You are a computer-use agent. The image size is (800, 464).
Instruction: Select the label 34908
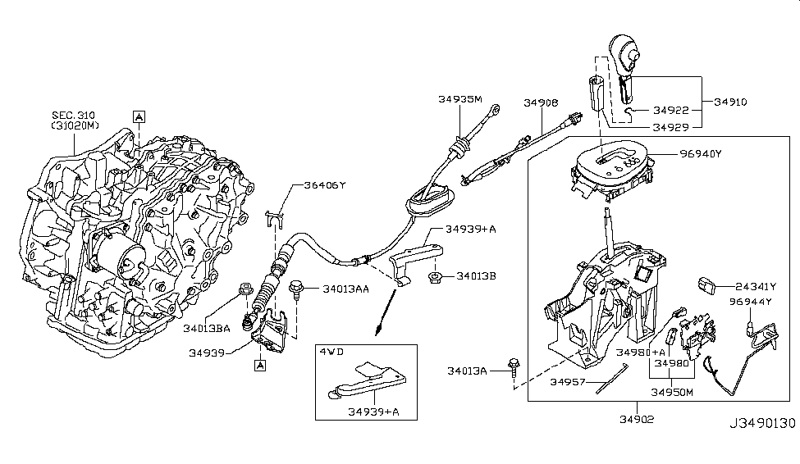click(x=541, y=103)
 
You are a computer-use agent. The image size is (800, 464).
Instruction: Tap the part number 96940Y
click(x=699, y=152)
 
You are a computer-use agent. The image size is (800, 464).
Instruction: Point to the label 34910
click(x=731, y=102)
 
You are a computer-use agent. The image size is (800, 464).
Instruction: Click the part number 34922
click(x=671, y=110)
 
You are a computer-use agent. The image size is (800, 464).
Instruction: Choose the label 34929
click(x=671, y=127)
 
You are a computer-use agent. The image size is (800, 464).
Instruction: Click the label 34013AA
click(x=345, y=289)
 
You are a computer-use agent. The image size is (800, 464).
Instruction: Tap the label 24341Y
click(x=756, y=286)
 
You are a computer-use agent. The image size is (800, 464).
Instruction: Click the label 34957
click(x=568, y=383)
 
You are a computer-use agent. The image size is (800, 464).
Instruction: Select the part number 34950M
click(x=672, y=392)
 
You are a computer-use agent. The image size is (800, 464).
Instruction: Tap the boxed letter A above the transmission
click(x=139, y=116)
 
